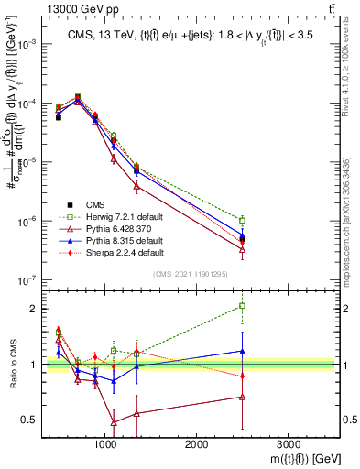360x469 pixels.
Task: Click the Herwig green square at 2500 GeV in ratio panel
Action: [x=242, y=306]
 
